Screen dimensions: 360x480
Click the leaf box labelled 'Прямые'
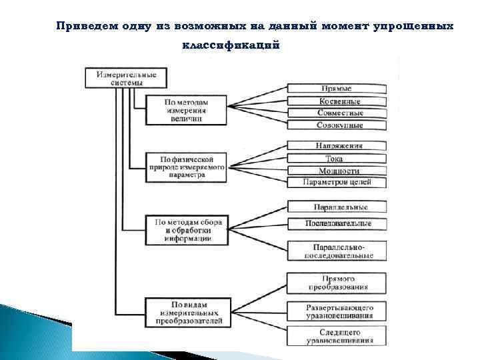pyautogui.click(x=337, y=89)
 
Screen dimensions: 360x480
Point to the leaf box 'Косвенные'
pyautogui.click(x=337, y=101)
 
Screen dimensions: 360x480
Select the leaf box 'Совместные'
pyautogui.click(x=337, y=113)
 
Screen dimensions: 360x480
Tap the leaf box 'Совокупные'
pyautogui.click(x=337, y=125)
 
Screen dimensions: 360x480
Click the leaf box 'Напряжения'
pyautogui.click(x=337, y=146)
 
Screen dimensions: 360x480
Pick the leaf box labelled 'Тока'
pyautogui.click(x=337, y=159)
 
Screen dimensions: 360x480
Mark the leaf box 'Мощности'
pyautogui.click(x=337, y=171)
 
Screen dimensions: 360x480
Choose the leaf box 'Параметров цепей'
pyautogui.click(x=337, y=182)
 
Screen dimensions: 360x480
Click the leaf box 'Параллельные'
pyautogui.click(x=337, y=207)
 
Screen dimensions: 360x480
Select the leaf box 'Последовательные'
pyautogui.click(x=337, y=223)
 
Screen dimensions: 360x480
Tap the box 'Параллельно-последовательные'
pyautogui.click(x=337, y=251)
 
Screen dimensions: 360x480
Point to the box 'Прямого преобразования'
pyautogui.click(x=337, y=283)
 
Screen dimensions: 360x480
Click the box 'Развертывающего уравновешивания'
pyautogui.click(x=337, y=312)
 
